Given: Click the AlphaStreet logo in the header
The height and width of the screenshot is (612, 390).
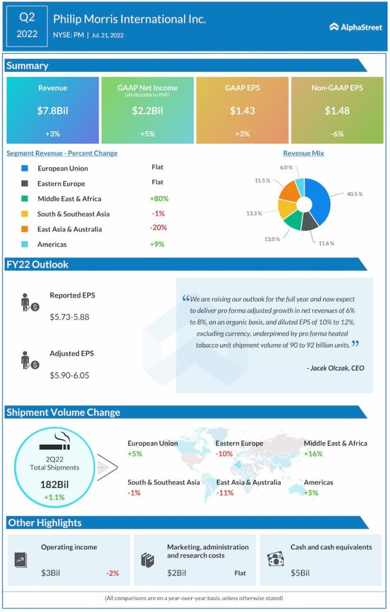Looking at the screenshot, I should coord(356,27).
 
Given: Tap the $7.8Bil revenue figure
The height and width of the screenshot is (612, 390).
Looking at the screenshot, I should coord(53,111).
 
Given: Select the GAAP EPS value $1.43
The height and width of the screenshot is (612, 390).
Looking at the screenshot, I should coord(242,111).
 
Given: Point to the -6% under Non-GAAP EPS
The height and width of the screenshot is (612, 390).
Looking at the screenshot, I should coord(337,134).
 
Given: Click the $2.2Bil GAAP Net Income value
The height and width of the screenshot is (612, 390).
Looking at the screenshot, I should coord(148,111).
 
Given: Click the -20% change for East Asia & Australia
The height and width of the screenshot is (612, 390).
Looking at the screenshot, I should coord(158,228).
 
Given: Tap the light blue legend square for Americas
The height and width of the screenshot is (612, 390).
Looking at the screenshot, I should coord(24,244).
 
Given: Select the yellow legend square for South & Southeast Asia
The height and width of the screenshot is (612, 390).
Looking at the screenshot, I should coord(24,214).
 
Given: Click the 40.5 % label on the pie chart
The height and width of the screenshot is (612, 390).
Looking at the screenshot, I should coord(354,194).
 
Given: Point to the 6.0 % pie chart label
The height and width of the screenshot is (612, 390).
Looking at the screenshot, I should coord(287,168).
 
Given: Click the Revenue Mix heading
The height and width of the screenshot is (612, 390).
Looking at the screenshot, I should coord(303,154).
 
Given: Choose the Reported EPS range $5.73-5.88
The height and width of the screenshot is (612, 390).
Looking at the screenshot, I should coord(69,317).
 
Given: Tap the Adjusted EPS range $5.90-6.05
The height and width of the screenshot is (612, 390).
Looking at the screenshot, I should coord(69,375).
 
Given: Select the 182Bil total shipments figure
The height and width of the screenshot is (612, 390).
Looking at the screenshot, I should coord(54,484).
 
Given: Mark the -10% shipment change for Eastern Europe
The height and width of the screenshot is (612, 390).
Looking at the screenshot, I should coord(225,454).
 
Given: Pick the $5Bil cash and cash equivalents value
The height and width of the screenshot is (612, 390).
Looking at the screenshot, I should coord(300,573).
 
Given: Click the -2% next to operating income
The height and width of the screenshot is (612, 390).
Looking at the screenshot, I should coord(112,573).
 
